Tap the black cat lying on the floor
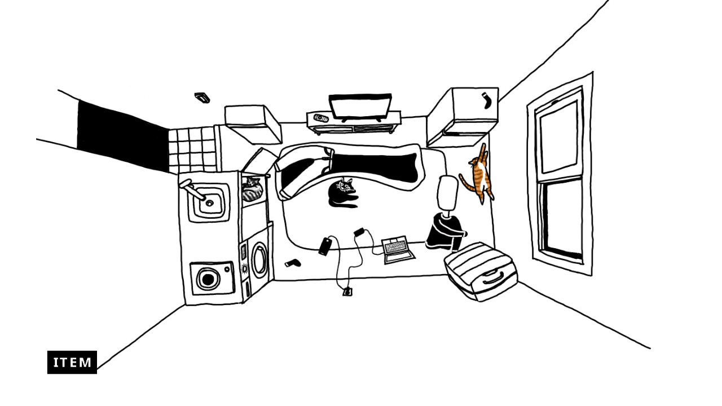pyautogui.click(x=341, y=193)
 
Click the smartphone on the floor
pyautogui.click(x=325, y=246)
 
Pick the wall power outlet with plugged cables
pyautogui.click(x=347, y=292)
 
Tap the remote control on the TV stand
pyautogui.click(x=321, y=118)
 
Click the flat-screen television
pyautogui.click(x=360, y=107)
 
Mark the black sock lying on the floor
pyautogui.click(x=293, y=263)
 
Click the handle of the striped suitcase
pyautogui.click(x=492, y=277)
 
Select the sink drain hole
pyautogui.click(x=210, y=202)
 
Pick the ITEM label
pyautogui.click(x=72, y=362)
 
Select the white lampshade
pyautogui.click(x=447, y=192)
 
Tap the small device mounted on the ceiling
pyautogui.click(x=202, y=98)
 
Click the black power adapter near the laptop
pyautogui.click(x=359, y=231)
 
